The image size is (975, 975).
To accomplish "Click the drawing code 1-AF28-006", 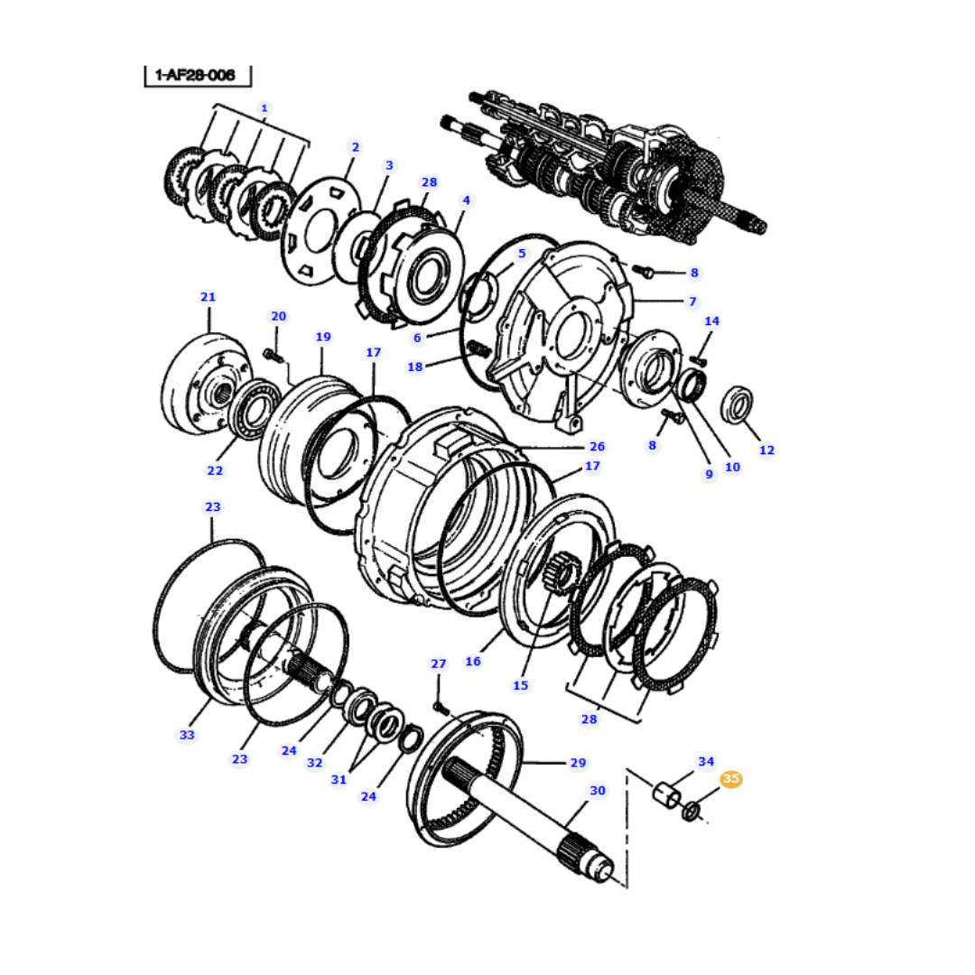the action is (195, 75).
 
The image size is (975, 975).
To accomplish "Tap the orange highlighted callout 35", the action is (730, 778).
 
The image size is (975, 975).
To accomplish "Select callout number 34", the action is (706, 762).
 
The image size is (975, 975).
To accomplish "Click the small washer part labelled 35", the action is (691, 811).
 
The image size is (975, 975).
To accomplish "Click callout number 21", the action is (208, 297).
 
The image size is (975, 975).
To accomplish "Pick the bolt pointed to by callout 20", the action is (273, 356).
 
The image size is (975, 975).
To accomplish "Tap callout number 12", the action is (766, 450).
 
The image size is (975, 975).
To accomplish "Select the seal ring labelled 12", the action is (737, 404).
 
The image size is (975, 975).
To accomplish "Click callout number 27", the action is (439, 664).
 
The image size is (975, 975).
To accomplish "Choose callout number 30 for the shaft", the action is (597, 790).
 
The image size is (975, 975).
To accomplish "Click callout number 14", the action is (711, 321).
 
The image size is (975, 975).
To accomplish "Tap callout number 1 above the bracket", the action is (265, 109).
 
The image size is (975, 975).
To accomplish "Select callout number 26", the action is (597, 447).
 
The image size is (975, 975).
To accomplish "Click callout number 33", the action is (187, 735).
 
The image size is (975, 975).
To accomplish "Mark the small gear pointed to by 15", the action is (562, 573).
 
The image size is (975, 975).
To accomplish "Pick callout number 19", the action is (322, 337).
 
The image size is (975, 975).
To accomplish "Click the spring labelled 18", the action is (478, 350).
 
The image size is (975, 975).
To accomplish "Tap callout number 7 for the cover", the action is (692, 302).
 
